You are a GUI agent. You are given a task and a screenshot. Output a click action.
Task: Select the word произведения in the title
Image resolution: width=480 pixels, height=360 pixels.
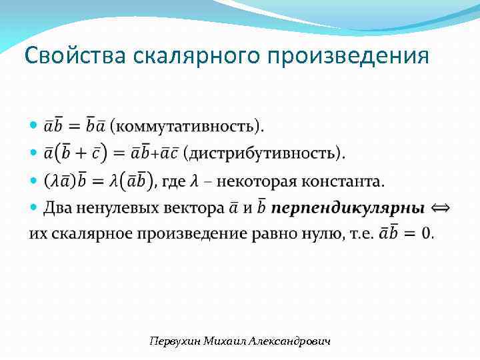[347, 55]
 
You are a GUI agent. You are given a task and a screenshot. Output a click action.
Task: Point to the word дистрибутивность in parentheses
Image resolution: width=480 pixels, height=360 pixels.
[263, 153]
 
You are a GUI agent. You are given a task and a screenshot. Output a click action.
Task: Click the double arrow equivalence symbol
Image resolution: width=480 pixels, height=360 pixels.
[441, 208]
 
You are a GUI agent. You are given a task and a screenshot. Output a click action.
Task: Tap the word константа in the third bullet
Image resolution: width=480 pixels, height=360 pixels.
[346, 181]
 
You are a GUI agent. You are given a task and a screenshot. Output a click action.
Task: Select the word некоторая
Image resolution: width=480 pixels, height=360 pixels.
[258, 181]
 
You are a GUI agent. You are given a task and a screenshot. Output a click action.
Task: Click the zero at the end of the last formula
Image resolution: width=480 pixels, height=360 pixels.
[427, 234]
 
